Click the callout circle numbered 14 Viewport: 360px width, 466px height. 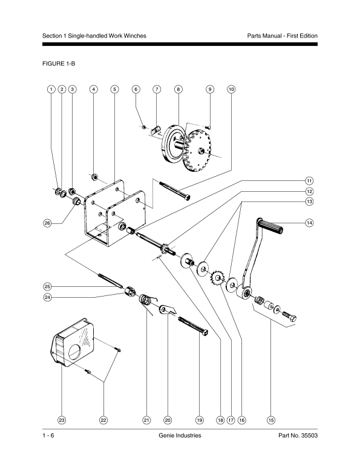pyautogui.click(x=310, y=223)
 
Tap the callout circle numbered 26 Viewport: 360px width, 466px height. pyautogui.click(x=47, y=223)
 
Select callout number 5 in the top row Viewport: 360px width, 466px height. pyautogui.click(x=114, y=89)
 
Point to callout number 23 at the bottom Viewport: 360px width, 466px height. pyautogui.click(x=62, y=420)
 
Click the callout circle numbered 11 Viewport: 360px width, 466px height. pyautogui.click(x=310, y=181)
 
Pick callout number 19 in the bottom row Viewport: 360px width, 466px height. pyautogui.click(x=199, y=420)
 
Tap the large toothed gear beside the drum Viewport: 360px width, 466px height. pyautogui.click(x=197, y=151)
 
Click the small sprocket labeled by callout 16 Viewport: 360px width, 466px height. pyautogui.click(x=218, y=278)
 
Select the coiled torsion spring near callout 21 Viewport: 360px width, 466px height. pyautogui.click(x=145, y=300)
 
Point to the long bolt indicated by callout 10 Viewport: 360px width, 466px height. pyautogui.click(x=175, y=190)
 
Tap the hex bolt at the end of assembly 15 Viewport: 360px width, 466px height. pyautogui.click(x=289, y=316)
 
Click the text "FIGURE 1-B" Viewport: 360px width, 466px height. pyautogui.click(x=59, y=64)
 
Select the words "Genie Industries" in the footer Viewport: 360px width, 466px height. pyautogui.click(x=180, y=435)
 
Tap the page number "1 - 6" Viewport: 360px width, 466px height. pyautogui.click(x=48, y=435)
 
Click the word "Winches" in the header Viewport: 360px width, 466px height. pyautogui.click(x=136, y=36)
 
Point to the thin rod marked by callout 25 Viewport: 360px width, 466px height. pyautogui.click(x=110, y=280)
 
